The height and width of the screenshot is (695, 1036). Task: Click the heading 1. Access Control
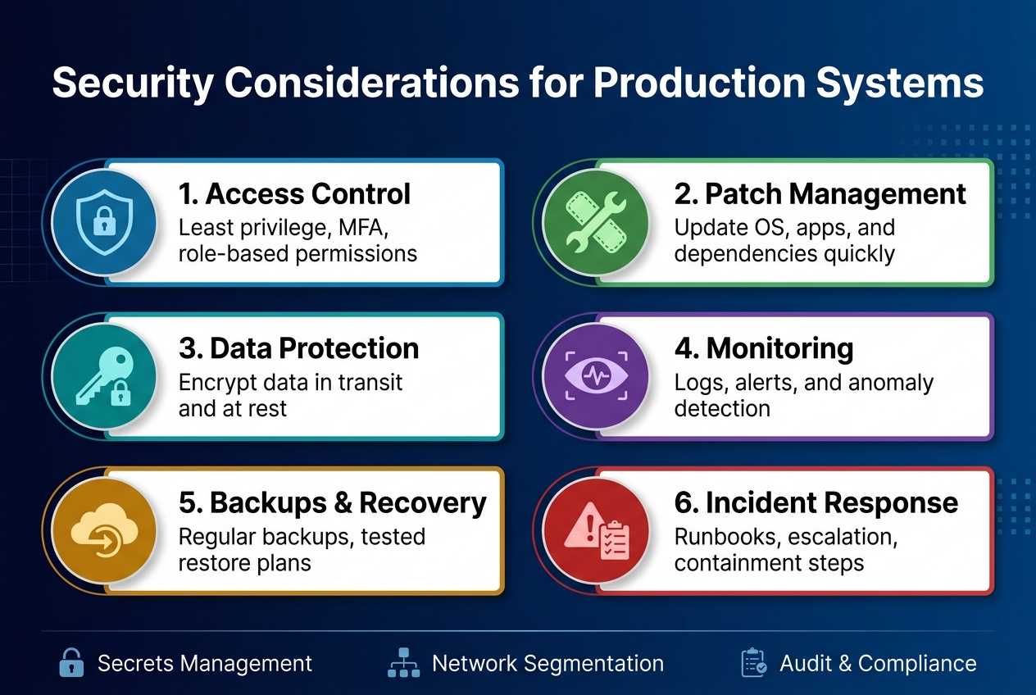tap(294, 194)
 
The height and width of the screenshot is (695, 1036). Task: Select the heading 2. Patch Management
tap(820, 194)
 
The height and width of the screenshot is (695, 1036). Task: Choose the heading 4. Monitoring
tap(763, 348)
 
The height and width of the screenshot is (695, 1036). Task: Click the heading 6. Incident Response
tap(816, 502)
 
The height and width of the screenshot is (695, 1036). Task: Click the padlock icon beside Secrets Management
tap(72, 662)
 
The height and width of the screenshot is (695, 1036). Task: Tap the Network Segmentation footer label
tap(548, 663)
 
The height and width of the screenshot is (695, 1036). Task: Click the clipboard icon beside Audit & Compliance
tap(753, 663)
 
